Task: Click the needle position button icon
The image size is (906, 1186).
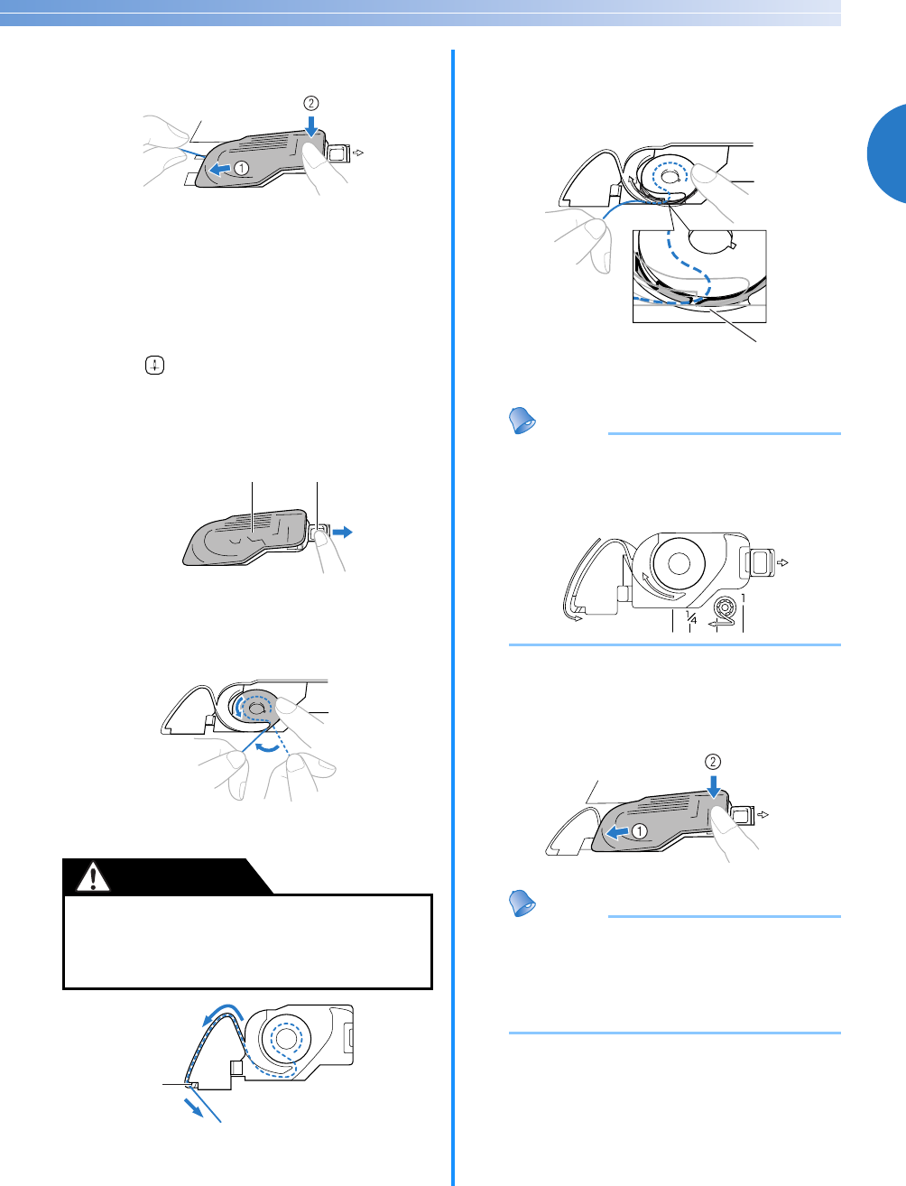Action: click(x=154, y=366)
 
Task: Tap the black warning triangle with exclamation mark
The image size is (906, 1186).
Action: click(x=93, y=876)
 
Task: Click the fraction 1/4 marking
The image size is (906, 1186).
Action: click(x=691, y=617)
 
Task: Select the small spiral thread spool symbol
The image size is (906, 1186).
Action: click(x=724, y=607)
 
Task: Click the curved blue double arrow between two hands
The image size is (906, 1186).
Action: click(x=269, y=748)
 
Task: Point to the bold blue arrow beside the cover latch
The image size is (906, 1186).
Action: click(x=342, y=533)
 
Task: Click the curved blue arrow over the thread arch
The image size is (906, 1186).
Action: click(x=223, y=1014)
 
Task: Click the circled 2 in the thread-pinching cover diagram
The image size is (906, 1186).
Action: click(x=310, y=103)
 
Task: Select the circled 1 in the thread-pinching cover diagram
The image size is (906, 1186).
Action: click(x=241, y=168)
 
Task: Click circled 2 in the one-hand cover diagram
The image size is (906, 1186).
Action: click(x=713, y=762)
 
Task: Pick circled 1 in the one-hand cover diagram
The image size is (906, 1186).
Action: click(x=639, y=831)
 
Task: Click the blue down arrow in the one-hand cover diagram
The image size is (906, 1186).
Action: click(x=714, y=787)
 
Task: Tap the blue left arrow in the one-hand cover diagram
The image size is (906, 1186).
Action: click(x=618, y=832)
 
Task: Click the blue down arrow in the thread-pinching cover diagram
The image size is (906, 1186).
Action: click(x=311, y=125)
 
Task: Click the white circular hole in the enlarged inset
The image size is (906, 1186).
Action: click(x=710, y=242)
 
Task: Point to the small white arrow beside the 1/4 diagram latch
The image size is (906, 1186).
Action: click(x=782, y=562)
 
